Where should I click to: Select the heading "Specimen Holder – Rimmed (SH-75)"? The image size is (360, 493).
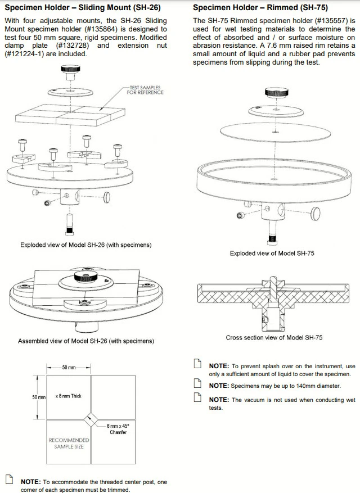point(260,8)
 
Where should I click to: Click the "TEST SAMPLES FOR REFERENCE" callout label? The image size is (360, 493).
point(145,90)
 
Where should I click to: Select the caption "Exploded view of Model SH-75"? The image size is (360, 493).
point(272,254)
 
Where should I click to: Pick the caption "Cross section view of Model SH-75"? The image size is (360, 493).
point(273,338)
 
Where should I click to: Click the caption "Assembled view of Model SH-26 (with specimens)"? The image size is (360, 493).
point(86,341)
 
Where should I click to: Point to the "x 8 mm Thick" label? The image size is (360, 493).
point(68,396)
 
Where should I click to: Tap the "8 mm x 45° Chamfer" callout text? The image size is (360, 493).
point(118,429)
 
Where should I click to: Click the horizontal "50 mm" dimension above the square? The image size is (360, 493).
point(69,368)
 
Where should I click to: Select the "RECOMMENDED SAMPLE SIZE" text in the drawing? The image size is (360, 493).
point(69,443)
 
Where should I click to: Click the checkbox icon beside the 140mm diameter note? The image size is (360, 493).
point(197,385)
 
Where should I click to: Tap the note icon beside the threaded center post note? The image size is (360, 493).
point(9,480)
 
